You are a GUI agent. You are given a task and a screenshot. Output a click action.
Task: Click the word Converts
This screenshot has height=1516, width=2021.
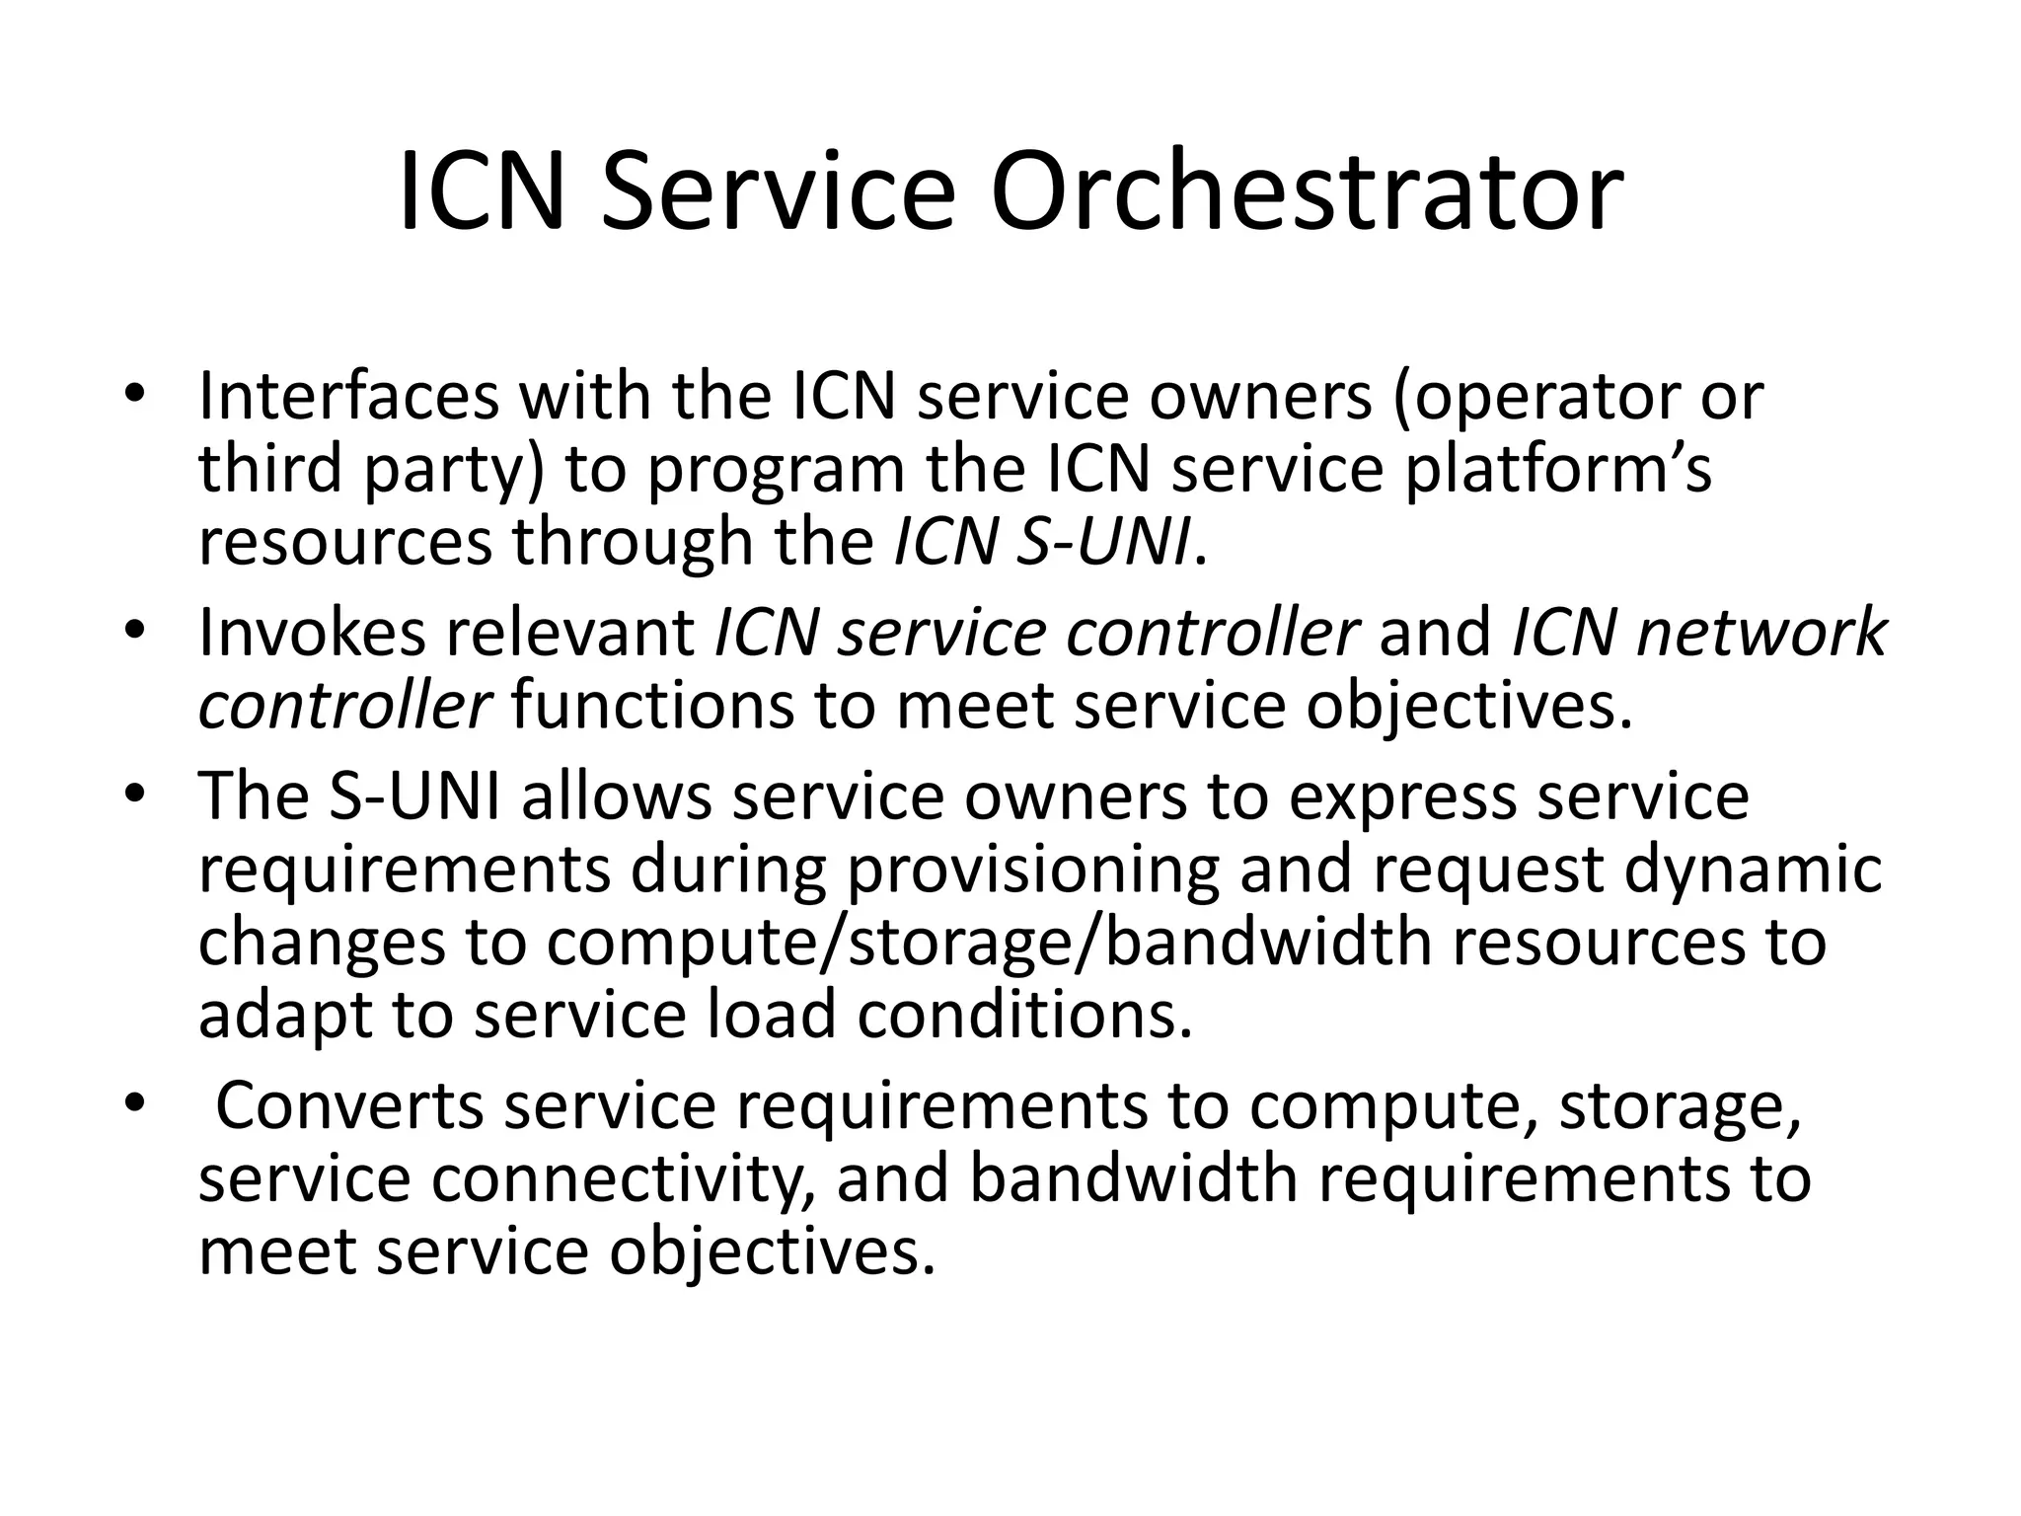coord(349,1105)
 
